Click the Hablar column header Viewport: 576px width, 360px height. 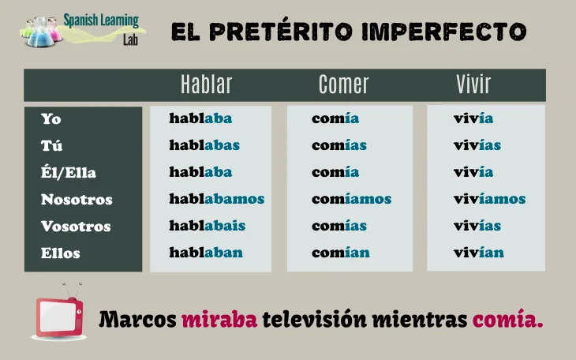click(x=206, y=84)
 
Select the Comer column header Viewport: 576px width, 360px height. click(x=343, y=84)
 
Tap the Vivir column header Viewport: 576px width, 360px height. click(x=473, y=84)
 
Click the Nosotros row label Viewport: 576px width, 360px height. click(x=77, y=200)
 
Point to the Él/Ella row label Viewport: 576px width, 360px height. click(x=69, y=173)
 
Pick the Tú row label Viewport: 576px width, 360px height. click(x=52, y=146)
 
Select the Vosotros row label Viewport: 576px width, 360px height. click(x=76, y=227)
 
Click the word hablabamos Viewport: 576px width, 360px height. click(x=216, y=200)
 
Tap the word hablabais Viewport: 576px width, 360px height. click(x=207, y=227)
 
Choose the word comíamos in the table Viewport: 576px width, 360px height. click(x=351, y=200)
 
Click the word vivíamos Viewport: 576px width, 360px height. click(x=489, y=200)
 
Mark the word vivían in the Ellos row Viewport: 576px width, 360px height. click(x=478, y=253)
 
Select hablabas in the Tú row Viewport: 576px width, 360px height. click(x=204, y=146)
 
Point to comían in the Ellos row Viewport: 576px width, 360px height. click(x=340, y=253)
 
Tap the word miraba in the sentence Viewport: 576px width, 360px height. click(x=219, y=321)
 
